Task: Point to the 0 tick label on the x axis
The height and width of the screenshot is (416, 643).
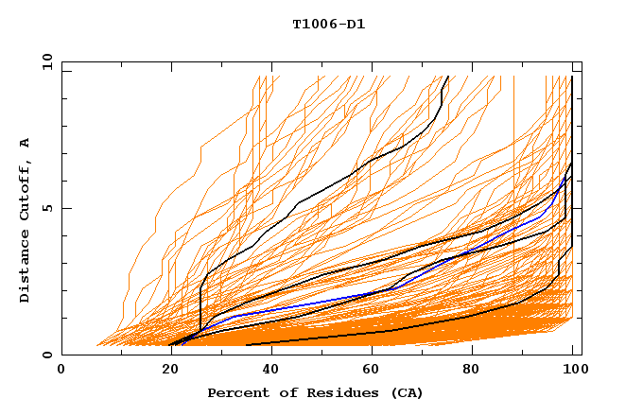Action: pyautogui.click(x=61, y=370)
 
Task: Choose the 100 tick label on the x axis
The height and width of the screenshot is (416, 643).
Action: pyautogui.click(x=574, y=370)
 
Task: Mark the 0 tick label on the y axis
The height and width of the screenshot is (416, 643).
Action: pyautogui.click(x=46, y=355)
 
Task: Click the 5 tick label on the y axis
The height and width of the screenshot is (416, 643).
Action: pyautogui.click(x=46, y=208)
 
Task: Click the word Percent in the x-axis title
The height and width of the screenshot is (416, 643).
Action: pyautogui.click(x=237, y=393)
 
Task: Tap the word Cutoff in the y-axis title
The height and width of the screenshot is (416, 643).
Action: pyautogui.click(x=26, y=188)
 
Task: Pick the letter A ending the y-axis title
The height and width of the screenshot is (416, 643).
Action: pyautogui.click(x=26, y=143)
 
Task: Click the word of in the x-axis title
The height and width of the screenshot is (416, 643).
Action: pyautogui.click(x=286, y=393)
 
